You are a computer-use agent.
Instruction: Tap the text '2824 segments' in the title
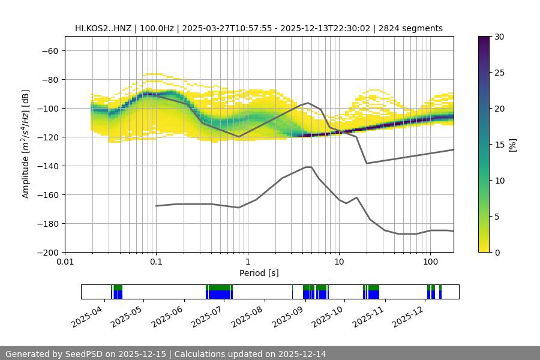[x=415, y=28]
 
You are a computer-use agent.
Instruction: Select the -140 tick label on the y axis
[x=48, y=166]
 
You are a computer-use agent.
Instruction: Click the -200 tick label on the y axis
[x=48, y=253]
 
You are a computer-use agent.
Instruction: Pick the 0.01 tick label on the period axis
[x=65, y=262]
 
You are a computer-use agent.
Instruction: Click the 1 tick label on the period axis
[x=247, y=262]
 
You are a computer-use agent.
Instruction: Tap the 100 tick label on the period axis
[x=430, y=262]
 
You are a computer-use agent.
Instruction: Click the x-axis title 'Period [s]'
[x=259, y=273]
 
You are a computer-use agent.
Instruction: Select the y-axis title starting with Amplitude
[x=26, y=145]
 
